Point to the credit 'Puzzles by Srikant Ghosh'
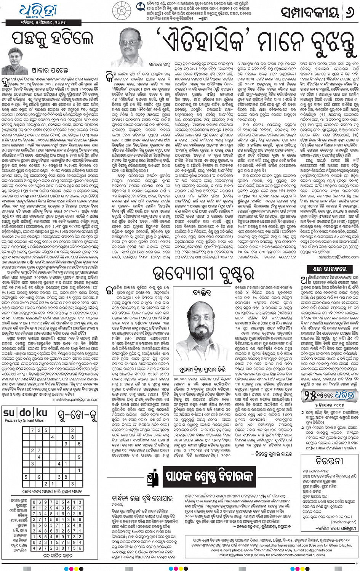(x=25, y=420)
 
